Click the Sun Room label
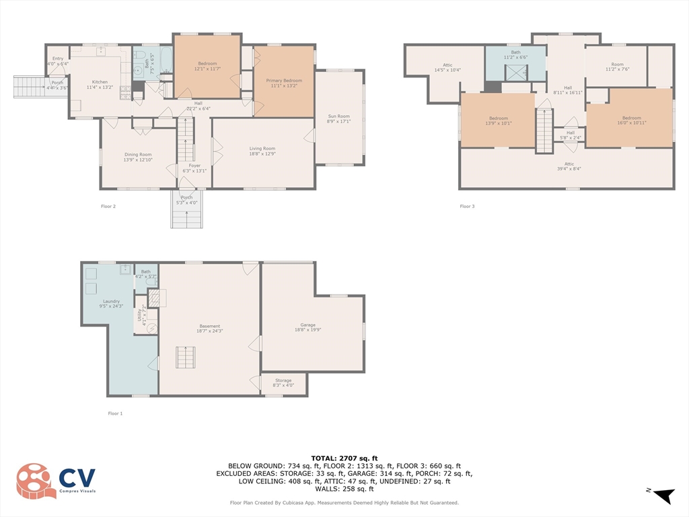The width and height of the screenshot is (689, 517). coord(338,116)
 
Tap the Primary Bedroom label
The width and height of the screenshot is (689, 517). coord(283,80)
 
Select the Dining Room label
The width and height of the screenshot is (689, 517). coord(137,154)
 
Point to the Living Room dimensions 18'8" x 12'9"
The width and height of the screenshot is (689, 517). coord(262,154)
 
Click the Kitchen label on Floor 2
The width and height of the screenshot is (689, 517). coord(100,82)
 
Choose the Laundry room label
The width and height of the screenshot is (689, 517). coord(111,301)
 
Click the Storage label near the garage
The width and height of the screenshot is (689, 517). coord(283,380)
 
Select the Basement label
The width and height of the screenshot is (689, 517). coord(209,326)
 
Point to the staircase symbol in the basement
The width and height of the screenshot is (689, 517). coord(186,357)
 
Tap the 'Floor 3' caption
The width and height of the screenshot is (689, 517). coord(467,206)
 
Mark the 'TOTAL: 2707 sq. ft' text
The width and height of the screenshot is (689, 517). coord(344,458)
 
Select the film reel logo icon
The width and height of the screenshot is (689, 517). coord(36,481)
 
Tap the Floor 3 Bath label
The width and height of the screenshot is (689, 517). coord(515,52)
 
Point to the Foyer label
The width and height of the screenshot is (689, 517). coord(194,165)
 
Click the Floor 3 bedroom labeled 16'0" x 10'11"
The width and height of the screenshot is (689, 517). coord(631,118)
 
